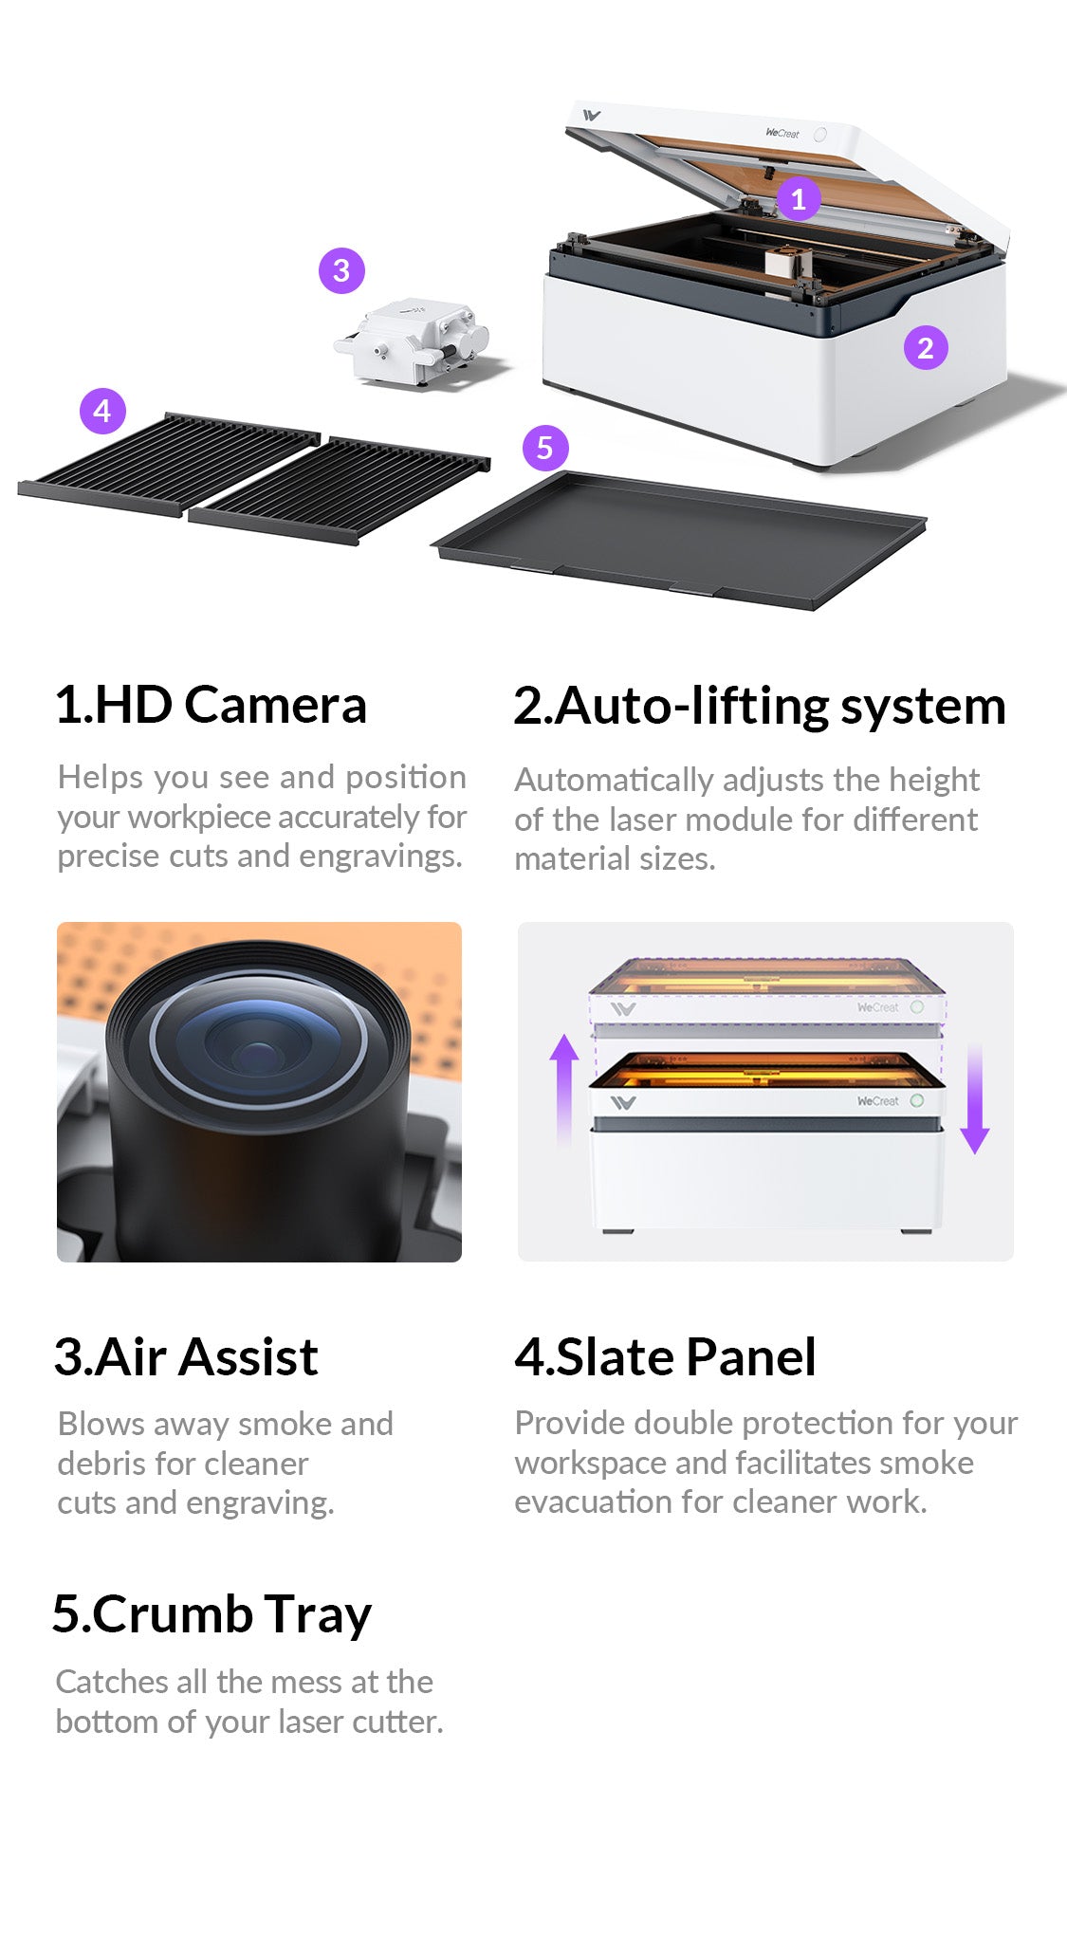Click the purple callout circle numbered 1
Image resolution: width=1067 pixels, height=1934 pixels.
(799, 198)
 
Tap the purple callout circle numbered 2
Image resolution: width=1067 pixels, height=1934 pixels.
(926, 347)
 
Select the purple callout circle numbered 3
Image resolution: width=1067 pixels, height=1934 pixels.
(341, 270)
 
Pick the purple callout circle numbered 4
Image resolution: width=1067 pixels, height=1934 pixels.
(102, 411)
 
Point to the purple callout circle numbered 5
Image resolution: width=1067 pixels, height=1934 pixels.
(545, 447)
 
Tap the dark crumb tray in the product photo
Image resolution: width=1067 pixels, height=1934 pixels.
(679, 538)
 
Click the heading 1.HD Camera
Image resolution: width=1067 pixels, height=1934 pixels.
(211, 705)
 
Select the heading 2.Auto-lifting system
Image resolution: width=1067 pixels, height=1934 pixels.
(760, 707)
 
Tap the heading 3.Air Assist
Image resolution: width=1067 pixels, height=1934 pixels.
(186, 1356)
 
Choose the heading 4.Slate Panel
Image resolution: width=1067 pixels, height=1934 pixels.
(665, 1356)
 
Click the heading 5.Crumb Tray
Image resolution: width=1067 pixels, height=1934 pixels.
(212, 1615)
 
